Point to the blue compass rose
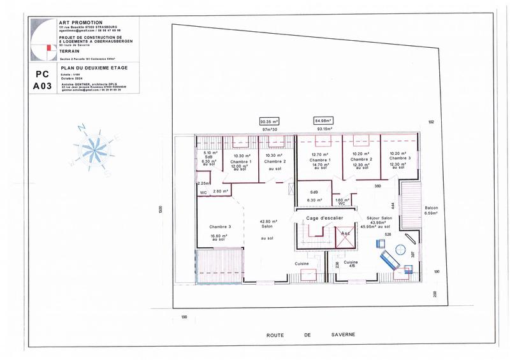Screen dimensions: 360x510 93,150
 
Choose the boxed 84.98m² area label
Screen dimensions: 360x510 323,120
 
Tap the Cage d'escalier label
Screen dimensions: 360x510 324,218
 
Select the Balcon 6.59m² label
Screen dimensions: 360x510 432,210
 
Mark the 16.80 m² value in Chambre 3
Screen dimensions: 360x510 218,236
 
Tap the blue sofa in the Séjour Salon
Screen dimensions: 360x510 388,260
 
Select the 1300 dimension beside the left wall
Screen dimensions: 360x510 161,210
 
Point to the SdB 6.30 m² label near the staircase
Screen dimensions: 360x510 315,195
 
